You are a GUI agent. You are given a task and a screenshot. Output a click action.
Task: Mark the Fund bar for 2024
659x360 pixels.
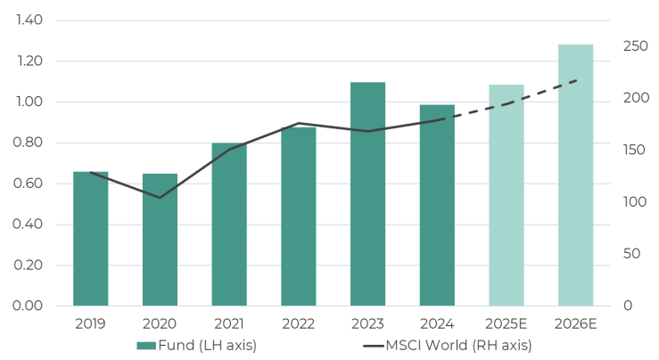[x=437, y=206]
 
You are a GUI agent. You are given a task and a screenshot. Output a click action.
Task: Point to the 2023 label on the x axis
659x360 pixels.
[x=367, y=323]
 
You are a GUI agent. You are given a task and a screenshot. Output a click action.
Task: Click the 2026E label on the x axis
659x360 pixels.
[x=576, y=323]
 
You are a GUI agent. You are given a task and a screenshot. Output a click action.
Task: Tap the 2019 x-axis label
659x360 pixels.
[x=90, y=323]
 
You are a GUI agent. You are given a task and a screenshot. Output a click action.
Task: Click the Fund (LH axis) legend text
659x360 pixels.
[x=208, y=345]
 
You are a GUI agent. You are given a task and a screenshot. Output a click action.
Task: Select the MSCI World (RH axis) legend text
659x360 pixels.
[x=458, y=345]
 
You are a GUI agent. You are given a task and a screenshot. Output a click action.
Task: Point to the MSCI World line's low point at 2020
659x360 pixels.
[x=160, y=198]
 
